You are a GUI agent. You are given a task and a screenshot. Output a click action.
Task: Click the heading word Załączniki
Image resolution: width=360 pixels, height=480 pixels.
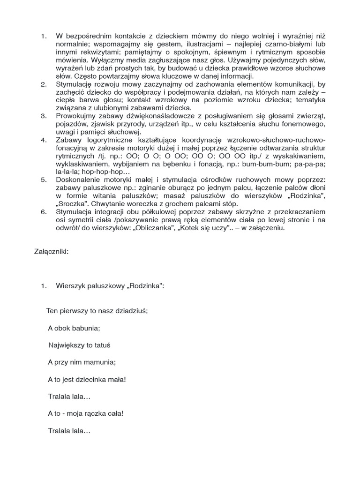[x=51, y=251]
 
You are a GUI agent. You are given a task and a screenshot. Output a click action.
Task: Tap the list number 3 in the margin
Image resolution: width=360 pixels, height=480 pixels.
[x=44, y=115]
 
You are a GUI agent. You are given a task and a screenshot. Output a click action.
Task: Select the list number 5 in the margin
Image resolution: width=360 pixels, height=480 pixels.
[x=44, y=179]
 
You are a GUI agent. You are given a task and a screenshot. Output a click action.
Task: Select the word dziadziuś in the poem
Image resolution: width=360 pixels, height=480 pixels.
[x=135, y=310]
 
